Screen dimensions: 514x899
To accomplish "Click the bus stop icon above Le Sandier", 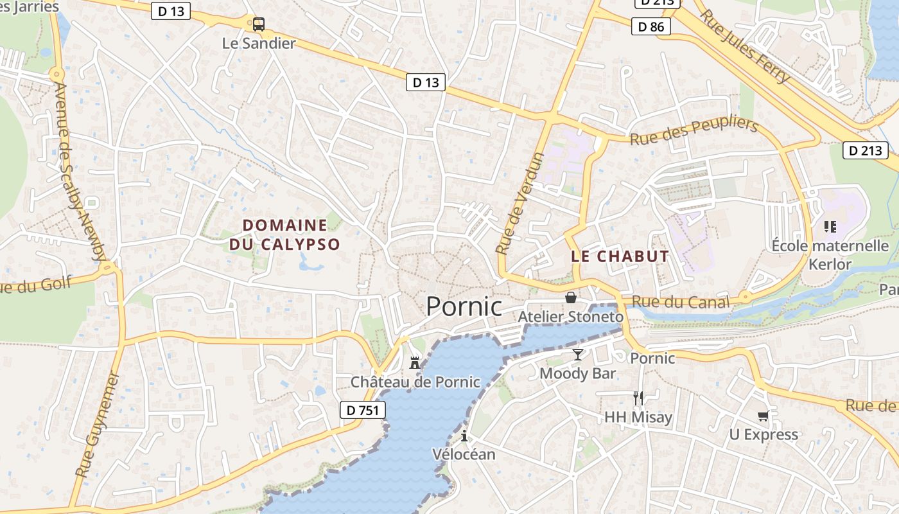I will point(258,24).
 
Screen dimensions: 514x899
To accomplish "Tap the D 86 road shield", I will point(651,26).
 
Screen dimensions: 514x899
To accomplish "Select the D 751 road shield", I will point(362,410).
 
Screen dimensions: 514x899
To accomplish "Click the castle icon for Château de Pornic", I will point(415,362).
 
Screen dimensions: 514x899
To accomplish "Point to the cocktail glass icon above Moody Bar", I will point(578,355).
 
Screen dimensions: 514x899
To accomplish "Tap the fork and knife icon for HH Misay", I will point(638,398).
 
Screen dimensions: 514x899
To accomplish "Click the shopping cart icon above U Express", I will point(763,416).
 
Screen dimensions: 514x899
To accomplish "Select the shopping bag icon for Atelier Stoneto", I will point(570,297).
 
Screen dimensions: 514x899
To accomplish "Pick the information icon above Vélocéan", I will point(464,437).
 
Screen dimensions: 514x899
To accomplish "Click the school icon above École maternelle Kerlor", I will point(830,227).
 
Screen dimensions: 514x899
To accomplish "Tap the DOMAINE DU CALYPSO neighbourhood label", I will point(284,235).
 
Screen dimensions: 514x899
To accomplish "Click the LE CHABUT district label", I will point(620,256).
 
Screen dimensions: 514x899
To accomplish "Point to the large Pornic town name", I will point(464,306).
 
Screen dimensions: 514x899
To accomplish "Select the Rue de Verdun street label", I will point(520,203).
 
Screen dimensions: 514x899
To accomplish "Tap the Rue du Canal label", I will point(681,302).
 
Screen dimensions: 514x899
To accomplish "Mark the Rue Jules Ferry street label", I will point(744,46).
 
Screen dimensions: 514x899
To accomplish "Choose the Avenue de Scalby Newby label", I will point(80,171).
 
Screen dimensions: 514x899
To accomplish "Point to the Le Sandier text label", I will point(259,44).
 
